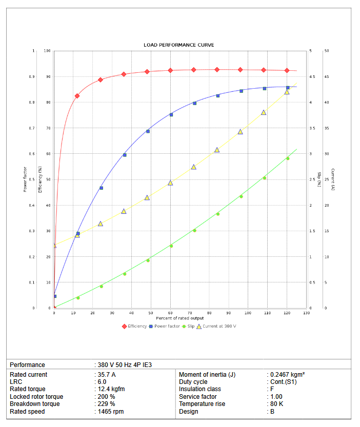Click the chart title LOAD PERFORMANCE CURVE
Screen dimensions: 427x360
179,45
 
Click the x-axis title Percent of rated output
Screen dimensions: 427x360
179,318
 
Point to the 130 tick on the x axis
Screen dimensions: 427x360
306,313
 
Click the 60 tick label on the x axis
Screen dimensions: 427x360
170,313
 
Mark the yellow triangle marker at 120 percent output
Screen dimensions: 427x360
287,92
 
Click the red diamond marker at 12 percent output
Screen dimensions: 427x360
77,96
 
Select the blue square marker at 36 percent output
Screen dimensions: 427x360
124,155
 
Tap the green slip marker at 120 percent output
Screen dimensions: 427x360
287,158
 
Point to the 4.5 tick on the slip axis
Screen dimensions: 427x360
312,77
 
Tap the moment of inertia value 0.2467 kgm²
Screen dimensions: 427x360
288,375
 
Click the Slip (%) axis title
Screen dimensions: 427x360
318,179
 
